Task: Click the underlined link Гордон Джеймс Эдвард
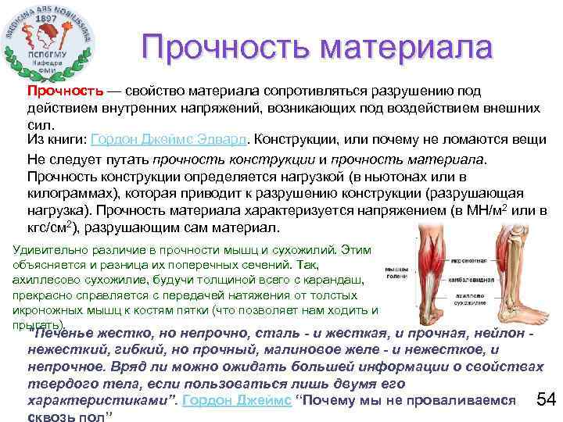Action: tap(170, 140)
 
